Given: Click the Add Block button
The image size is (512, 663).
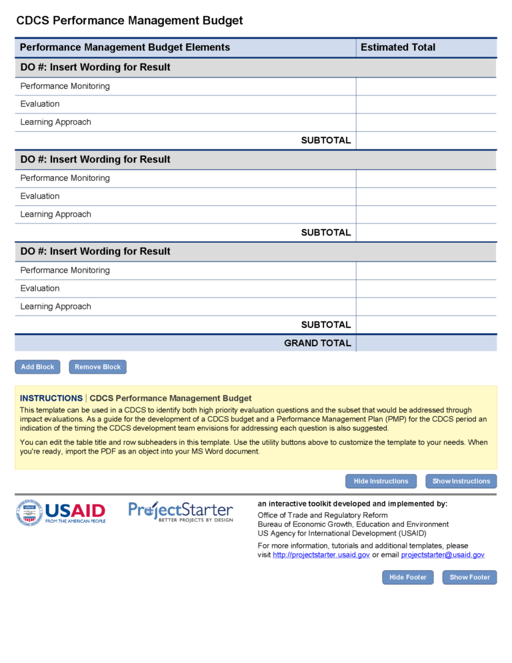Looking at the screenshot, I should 37,367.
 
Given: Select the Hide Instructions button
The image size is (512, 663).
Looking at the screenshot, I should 381,481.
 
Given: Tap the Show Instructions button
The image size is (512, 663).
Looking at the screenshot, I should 461,481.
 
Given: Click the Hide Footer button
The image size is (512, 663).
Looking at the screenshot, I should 407,577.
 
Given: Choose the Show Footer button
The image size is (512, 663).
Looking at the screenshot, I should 469,577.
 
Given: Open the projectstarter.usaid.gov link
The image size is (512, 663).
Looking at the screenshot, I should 321,555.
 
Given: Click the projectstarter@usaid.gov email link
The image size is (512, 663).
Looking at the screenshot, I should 443,555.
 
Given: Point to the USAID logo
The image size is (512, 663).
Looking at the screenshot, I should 61,513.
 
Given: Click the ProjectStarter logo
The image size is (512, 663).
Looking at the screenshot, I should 181,512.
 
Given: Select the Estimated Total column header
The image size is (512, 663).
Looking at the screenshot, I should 398,47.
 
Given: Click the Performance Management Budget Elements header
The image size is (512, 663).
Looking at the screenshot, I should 125,47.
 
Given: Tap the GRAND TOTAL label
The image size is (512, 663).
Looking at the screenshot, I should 317,343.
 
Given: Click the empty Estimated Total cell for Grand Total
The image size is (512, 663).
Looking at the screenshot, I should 426,343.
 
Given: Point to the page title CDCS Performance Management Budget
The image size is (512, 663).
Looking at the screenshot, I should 129,21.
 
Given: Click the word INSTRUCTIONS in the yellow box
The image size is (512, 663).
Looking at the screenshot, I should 51,398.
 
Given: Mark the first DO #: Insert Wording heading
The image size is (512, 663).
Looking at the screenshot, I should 95,67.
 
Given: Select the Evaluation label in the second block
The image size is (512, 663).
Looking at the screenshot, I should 40,196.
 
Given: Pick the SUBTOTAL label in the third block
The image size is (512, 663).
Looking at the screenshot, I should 325,325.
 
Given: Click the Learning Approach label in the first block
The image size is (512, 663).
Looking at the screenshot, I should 55,122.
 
